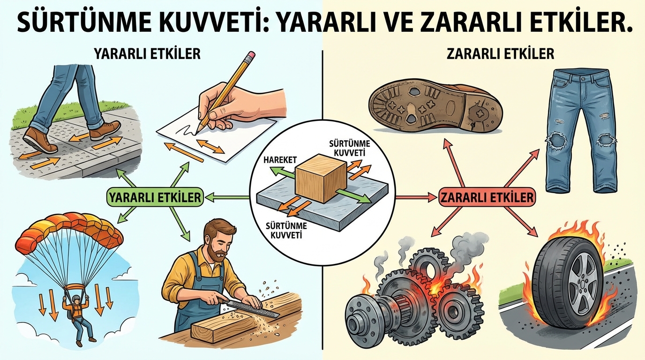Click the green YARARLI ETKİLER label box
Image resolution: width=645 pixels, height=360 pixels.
(x=155, y=197)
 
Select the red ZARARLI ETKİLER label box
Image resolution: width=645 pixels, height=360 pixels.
(x=487, y=197)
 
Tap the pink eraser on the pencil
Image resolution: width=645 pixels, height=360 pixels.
(x=251, y=55)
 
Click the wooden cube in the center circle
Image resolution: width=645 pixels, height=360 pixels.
(x=321, y=178)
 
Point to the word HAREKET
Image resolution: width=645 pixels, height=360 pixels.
(x=280, y=160)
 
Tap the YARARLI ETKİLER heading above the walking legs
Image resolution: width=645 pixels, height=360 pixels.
(x=148, y=54)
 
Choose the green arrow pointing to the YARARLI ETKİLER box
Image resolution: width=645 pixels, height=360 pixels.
(x=226, y=197)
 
